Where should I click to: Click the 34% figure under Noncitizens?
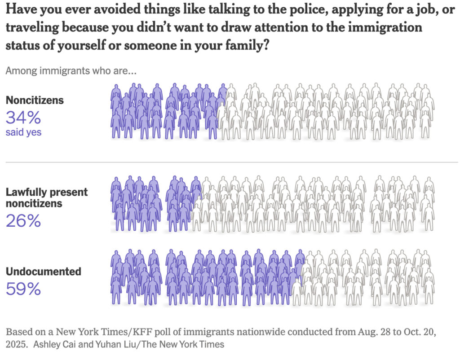pyautogui.click(x=23, y=118)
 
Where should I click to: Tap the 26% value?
pyautogui.click(x=23, y=220)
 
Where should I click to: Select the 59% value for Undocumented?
pyautogui.click(x=23, y=289)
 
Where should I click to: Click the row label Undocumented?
pyautogui.click(x=43, y=272)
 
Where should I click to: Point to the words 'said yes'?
pyautogui.click(x=23, y=132)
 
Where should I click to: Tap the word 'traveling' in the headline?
pyautogui.click(x=32, y=27)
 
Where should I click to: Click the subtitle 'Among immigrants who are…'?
pyautogui.click(x=71, y=71)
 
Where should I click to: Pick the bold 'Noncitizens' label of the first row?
pyautogui.click(x=35, y=100)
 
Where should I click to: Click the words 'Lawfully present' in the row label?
pyautogui.click(x=47, y=192)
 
